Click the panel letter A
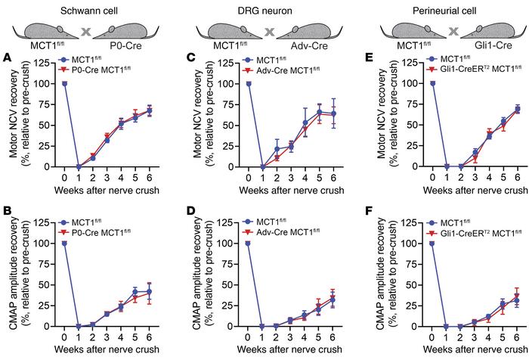pos(6,57)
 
